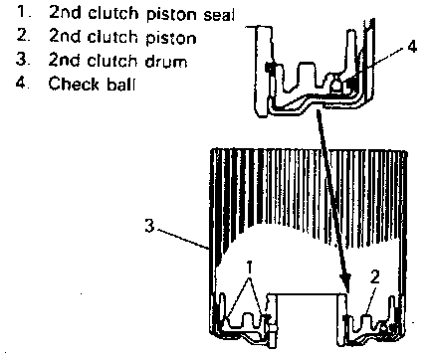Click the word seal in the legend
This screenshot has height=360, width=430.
click(x=219, y=15)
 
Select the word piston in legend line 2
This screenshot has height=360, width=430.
click(x=171, y=38)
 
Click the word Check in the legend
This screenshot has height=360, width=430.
click(x=74, y=84)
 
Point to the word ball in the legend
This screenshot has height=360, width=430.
click(x=121, y=84)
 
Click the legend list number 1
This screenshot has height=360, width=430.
click(x=23, y=12)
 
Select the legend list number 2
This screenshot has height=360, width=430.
click(x=23, y=35)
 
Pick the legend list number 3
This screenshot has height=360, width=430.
click(x=23, y=59)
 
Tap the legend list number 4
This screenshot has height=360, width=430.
click(x=23, y=83)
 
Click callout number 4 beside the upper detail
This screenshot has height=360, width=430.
click(x=412, y=47)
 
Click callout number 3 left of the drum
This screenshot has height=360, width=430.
click(x=149, y=226)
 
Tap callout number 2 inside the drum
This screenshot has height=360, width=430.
click(x=374, y=277)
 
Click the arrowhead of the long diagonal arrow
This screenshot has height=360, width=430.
click(x=345, y=283)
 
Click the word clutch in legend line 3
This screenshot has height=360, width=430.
click(x=111, y=60)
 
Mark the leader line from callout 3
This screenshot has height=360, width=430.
click(x=182, y=239)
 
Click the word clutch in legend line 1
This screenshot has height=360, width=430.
click(x=112, y=14)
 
